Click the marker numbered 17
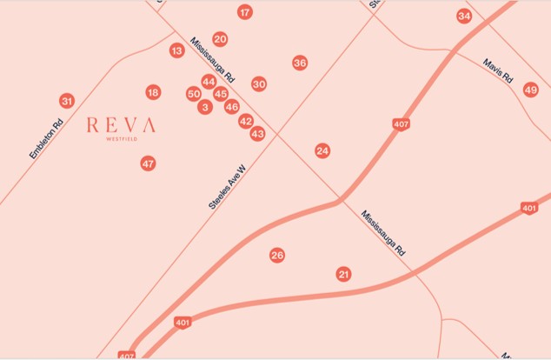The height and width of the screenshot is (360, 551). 245,12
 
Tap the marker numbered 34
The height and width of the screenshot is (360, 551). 464,17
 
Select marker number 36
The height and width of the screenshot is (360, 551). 300,63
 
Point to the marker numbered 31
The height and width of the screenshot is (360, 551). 67,101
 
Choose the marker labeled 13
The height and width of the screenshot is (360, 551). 177,51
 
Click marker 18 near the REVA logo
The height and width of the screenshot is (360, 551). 153,92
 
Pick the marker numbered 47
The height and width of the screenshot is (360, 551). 148,163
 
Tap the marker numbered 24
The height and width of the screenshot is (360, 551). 322,150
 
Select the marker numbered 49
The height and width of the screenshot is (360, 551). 531,90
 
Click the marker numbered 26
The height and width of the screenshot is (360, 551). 277,255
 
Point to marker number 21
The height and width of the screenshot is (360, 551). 344,274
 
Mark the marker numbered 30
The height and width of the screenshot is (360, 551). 259,83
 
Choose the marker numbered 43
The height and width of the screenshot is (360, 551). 257,134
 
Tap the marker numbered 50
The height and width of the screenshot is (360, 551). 194,94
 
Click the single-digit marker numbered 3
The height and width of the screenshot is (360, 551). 205,107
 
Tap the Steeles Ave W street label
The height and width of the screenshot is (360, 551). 227,190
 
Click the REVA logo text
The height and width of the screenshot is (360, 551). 122,125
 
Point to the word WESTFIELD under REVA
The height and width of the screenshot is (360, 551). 122,138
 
